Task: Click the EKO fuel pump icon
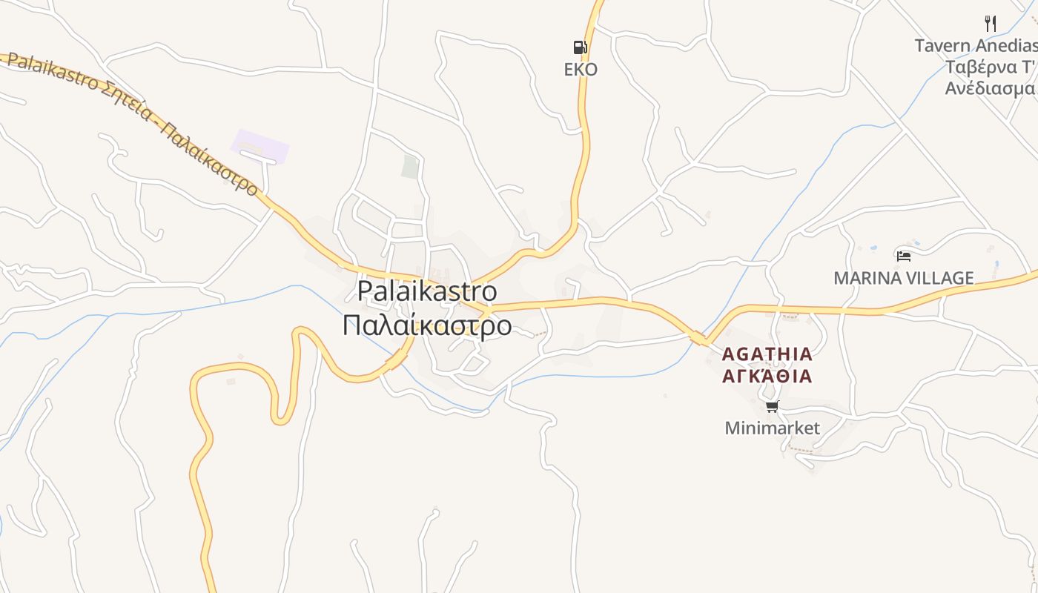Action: tap(580, 47)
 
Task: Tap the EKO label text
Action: tap(581, 70)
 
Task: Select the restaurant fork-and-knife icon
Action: tap(990, 24)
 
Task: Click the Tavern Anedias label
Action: tap(976, 46)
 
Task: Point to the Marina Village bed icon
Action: tap(903, 256)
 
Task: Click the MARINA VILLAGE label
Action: tap(903, 278)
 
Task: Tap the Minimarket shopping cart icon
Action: tap(772, 406)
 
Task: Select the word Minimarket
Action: tap(772, 428)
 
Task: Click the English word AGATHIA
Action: tap(767, 354)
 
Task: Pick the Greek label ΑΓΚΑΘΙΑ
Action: tap(767, 376)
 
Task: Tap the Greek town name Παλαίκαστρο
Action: tap(426, 325)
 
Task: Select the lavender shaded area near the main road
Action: tap(259, 146)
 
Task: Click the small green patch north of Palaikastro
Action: tap(410, 167)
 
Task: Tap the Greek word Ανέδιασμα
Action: tap(989, 88)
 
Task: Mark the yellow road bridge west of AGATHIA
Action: tap(698, 339)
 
